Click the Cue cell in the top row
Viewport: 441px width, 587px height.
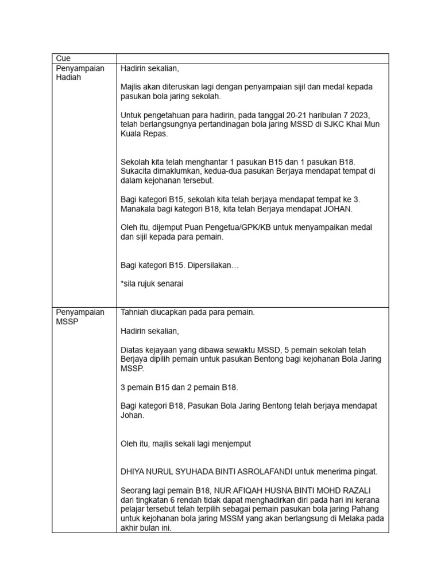[x=61, y=58]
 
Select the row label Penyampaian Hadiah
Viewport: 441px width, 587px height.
[x=80, y=73]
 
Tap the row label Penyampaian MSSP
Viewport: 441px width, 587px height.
[x=80, y=317]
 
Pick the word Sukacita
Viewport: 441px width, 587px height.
[x=138, y=171]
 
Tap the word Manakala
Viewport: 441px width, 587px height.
[x=140, y=209]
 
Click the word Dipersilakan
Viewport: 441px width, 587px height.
[x=210, y=265]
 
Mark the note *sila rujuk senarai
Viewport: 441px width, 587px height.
[x=152, y=284]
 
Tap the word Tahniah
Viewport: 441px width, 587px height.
[x=136, y=312]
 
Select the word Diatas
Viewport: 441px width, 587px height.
[x=133, y=350]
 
